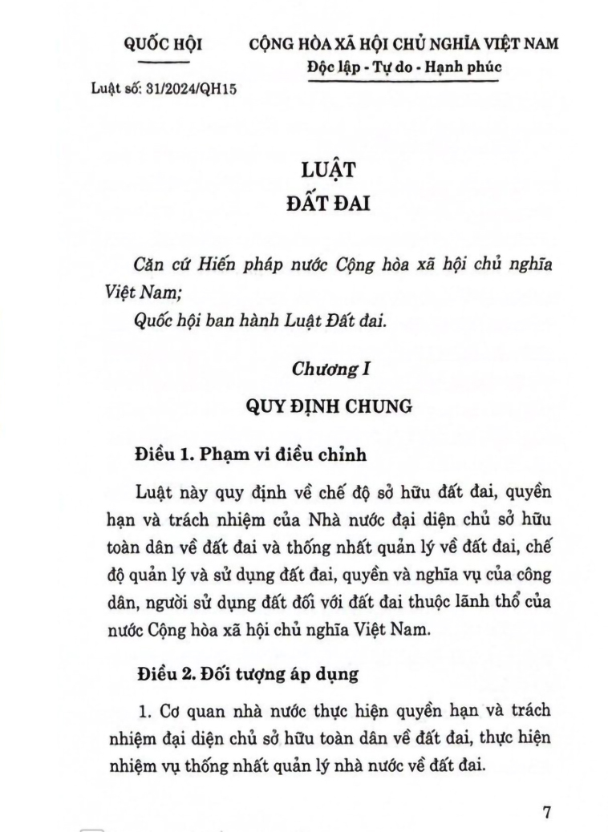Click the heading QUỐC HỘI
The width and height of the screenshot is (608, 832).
[162, 45]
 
